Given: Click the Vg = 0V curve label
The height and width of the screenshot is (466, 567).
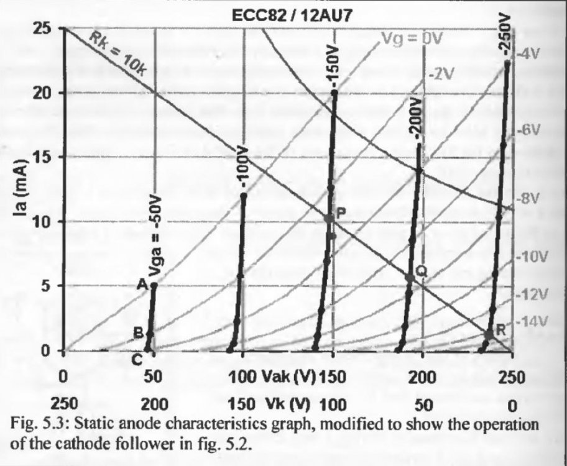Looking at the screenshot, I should point(411,40).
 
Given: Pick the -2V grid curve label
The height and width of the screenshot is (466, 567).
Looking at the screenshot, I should point(443,74).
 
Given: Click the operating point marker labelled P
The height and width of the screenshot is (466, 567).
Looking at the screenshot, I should point(330,219).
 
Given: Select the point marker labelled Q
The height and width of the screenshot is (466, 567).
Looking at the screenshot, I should point(409,277).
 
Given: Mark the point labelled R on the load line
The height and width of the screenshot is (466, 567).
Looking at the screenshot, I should point(489,334).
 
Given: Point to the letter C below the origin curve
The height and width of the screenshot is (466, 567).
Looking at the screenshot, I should point(138,358).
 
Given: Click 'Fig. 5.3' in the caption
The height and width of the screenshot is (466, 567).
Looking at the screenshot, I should point(37,425).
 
